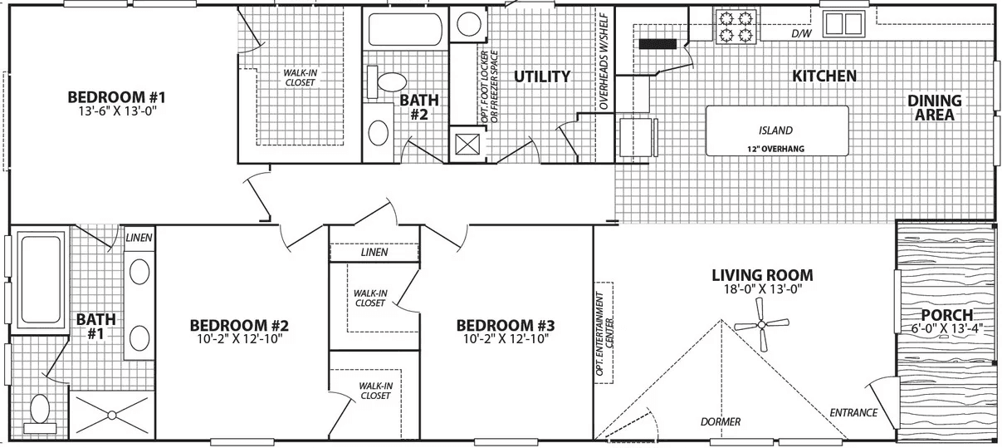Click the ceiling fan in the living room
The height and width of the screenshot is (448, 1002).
[x=760, y=327]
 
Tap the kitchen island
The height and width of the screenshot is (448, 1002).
[x=776, y=130]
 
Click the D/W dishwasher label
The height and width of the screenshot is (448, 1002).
[x=800, y=34]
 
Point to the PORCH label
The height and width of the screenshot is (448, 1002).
[x=946, y=315]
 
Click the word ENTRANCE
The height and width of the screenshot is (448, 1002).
[x=853, y=412]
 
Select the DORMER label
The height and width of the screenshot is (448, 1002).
[x=720, y=421]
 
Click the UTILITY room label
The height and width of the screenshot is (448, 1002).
[x=541, y=76]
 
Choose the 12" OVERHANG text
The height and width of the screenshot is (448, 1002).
[x=776, y=150]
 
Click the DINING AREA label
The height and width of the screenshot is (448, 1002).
[x=934, y=108]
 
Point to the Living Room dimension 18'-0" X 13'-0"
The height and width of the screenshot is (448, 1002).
[x=762, y=290]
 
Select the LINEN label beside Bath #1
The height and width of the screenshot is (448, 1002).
[x=139, y=238]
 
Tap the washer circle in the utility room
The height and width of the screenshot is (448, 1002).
[x=462, y=22]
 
